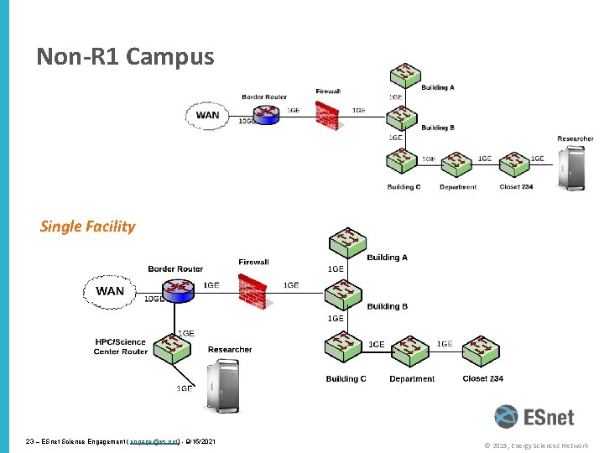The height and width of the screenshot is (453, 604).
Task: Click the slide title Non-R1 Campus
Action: [x=125, y=57]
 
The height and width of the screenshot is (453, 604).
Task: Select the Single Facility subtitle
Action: [x=87, y=226]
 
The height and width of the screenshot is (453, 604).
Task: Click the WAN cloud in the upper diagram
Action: [x=207, y=116]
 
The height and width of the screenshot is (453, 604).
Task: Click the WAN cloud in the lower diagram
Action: [x=110, y=291]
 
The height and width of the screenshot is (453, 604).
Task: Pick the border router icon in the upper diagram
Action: [x=268, y=112]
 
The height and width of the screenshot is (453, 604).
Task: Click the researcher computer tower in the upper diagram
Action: [x=575, y=167]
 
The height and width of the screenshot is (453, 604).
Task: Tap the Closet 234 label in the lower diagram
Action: [x=482, y=378]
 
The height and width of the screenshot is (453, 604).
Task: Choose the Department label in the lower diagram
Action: [x=412, y=379]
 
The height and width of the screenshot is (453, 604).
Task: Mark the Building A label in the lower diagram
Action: [x=387, y=258]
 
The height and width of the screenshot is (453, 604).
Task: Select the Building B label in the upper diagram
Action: [x=437, y=128]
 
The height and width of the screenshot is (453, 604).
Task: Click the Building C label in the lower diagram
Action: [x=346, y=379]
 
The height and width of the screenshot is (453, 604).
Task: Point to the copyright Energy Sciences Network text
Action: [x=536, y=445]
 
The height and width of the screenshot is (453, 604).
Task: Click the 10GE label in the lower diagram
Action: [x=154, y=299]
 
